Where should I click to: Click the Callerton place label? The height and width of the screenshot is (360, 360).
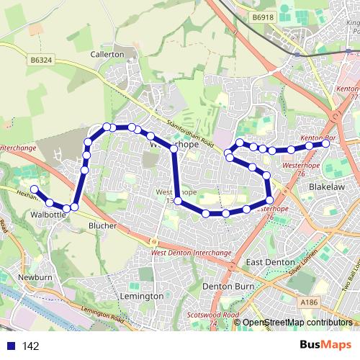pyautogui.click(x=108, y=54)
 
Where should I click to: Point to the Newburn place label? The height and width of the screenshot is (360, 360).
pyautogui.click(x=35, y=277)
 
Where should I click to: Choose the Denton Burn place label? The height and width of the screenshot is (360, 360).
pyautogui.click(x=226, y=287)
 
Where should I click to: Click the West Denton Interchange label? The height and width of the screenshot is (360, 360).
pyautogui.click(x=192, y=253)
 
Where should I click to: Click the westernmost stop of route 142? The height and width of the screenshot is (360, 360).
pyautogui.click(x=34, y=189)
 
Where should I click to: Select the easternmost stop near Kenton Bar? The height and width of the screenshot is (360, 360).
pyautogui.click(x=325, y=143)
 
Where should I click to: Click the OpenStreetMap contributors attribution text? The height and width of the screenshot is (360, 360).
pyautogui.click(x=297, y=323)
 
